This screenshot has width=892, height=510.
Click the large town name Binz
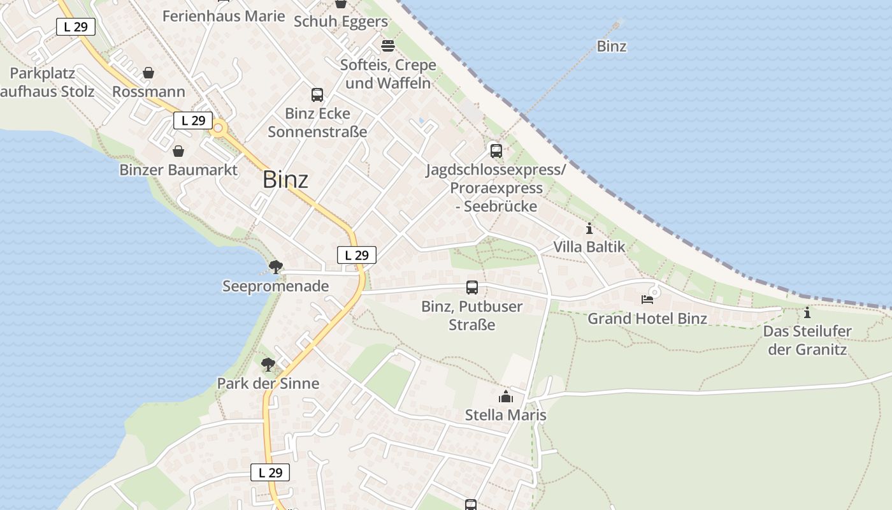tap(285, 180)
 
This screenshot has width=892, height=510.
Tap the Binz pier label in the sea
tap(611, 47)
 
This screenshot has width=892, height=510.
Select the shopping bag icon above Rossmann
tap(148, 73)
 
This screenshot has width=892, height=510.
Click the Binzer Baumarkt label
tap(178, 170)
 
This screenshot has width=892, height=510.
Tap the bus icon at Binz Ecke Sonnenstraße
tap(317, 95)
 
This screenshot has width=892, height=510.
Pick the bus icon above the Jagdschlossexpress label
tap(496, 151)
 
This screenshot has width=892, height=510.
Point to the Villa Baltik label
tap(589, 247)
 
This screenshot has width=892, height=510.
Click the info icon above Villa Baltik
tap(589, 228)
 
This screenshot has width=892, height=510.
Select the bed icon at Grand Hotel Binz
tap(647, 298)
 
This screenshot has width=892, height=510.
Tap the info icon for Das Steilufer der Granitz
tap(807, 312)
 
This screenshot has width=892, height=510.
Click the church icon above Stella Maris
tap(506, 397)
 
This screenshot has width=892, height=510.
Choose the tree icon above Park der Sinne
tap(268, 365)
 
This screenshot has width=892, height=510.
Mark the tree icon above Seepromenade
tap(275, 267)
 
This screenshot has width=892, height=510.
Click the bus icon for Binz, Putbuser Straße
tap(471, 288)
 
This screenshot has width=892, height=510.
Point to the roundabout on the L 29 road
tap(219, 128)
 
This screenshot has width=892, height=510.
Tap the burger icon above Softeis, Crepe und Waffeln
tap(387, 46)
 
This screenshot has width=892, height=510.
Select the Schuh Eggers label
tap(340, 22)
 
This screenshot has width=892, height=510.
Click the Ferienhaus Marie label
tap(224, 16)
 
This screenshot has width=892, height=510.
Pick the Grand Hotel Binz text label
tap(647, 319)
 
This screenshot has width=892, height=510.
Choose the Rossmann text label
tap(148, 92)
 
